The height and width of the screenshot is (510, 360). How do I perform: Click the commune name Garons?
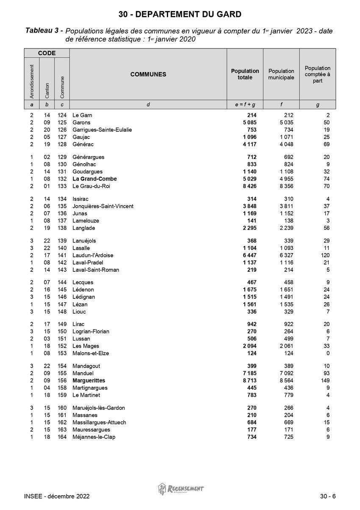click(81, 123)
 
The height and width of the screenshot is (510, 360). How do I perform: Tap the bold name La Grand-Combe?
click(94, 179)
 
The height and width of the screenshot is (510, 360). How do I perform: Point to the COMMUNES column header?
click(148, 74)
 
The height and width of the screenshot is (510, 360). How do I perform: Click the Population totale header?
click(245, 74)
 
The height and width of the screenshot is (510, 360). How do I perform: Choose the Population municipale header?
click(281, 74)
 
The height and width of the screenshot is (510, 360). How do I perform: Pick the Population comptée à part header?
click(318, 74)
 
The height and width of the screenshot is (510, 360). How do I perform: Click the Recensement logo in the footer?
click(181, 489)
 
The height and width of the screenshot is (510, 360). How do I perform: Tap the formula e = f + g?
click(245, 105)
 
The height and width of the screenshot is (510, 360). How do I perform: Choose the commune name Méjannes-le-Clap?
click(94, 437)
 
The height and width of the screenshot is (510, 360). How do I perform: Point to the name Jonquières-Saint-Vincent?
click(103, 206)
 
